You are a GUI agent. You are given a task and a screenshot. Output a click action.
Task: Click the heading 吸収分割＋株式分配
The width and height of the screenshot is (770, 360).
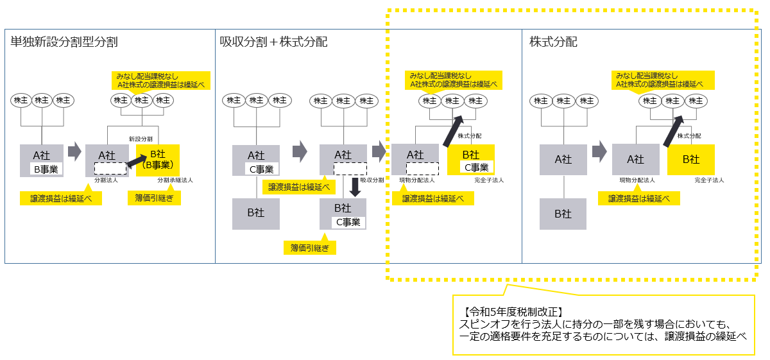[x=273, y=42]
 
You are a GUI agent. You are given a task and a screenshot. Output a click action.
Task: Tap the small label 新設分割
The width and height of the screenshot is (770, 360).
[x=141, y=139]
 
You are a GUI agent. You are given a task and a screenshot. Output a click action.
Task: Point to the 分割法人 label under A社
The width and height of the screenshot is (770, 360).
[x=105, y=181]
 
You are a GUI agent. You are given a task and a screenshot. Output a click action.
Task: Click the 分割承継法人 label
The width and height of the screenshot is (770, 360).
[x=175, y=181]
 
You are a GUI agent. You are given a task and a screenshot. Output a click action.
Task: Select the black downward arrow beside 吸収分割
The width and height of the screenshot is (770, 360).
[x=353, y=187]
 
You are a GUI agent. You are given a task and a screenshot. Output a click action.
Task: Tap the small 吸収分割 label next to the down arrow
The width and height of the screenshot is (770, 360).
[x=372, y=180]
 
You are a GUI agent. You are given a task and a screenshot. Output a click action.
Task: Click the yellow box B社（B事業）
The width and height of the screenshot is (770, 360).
[x=158, y=160]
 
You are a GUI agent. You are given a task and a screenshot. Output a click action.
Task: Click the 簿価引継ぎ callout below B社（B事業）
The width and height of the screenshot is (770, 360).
[x=154, y=198]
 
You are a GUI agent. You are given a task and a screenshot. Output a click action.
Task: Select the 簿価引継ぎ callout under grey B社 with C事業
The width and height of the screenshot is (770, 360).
[x=310, y=247]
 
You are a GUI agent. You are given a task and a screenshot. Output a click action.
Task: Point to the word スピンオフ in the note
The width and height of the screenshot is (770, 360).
[x=479, y=325]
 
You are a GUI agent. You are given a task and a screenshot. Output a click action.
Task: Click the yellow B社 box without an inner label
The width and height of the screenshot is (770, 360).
[x=690, y=159]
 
